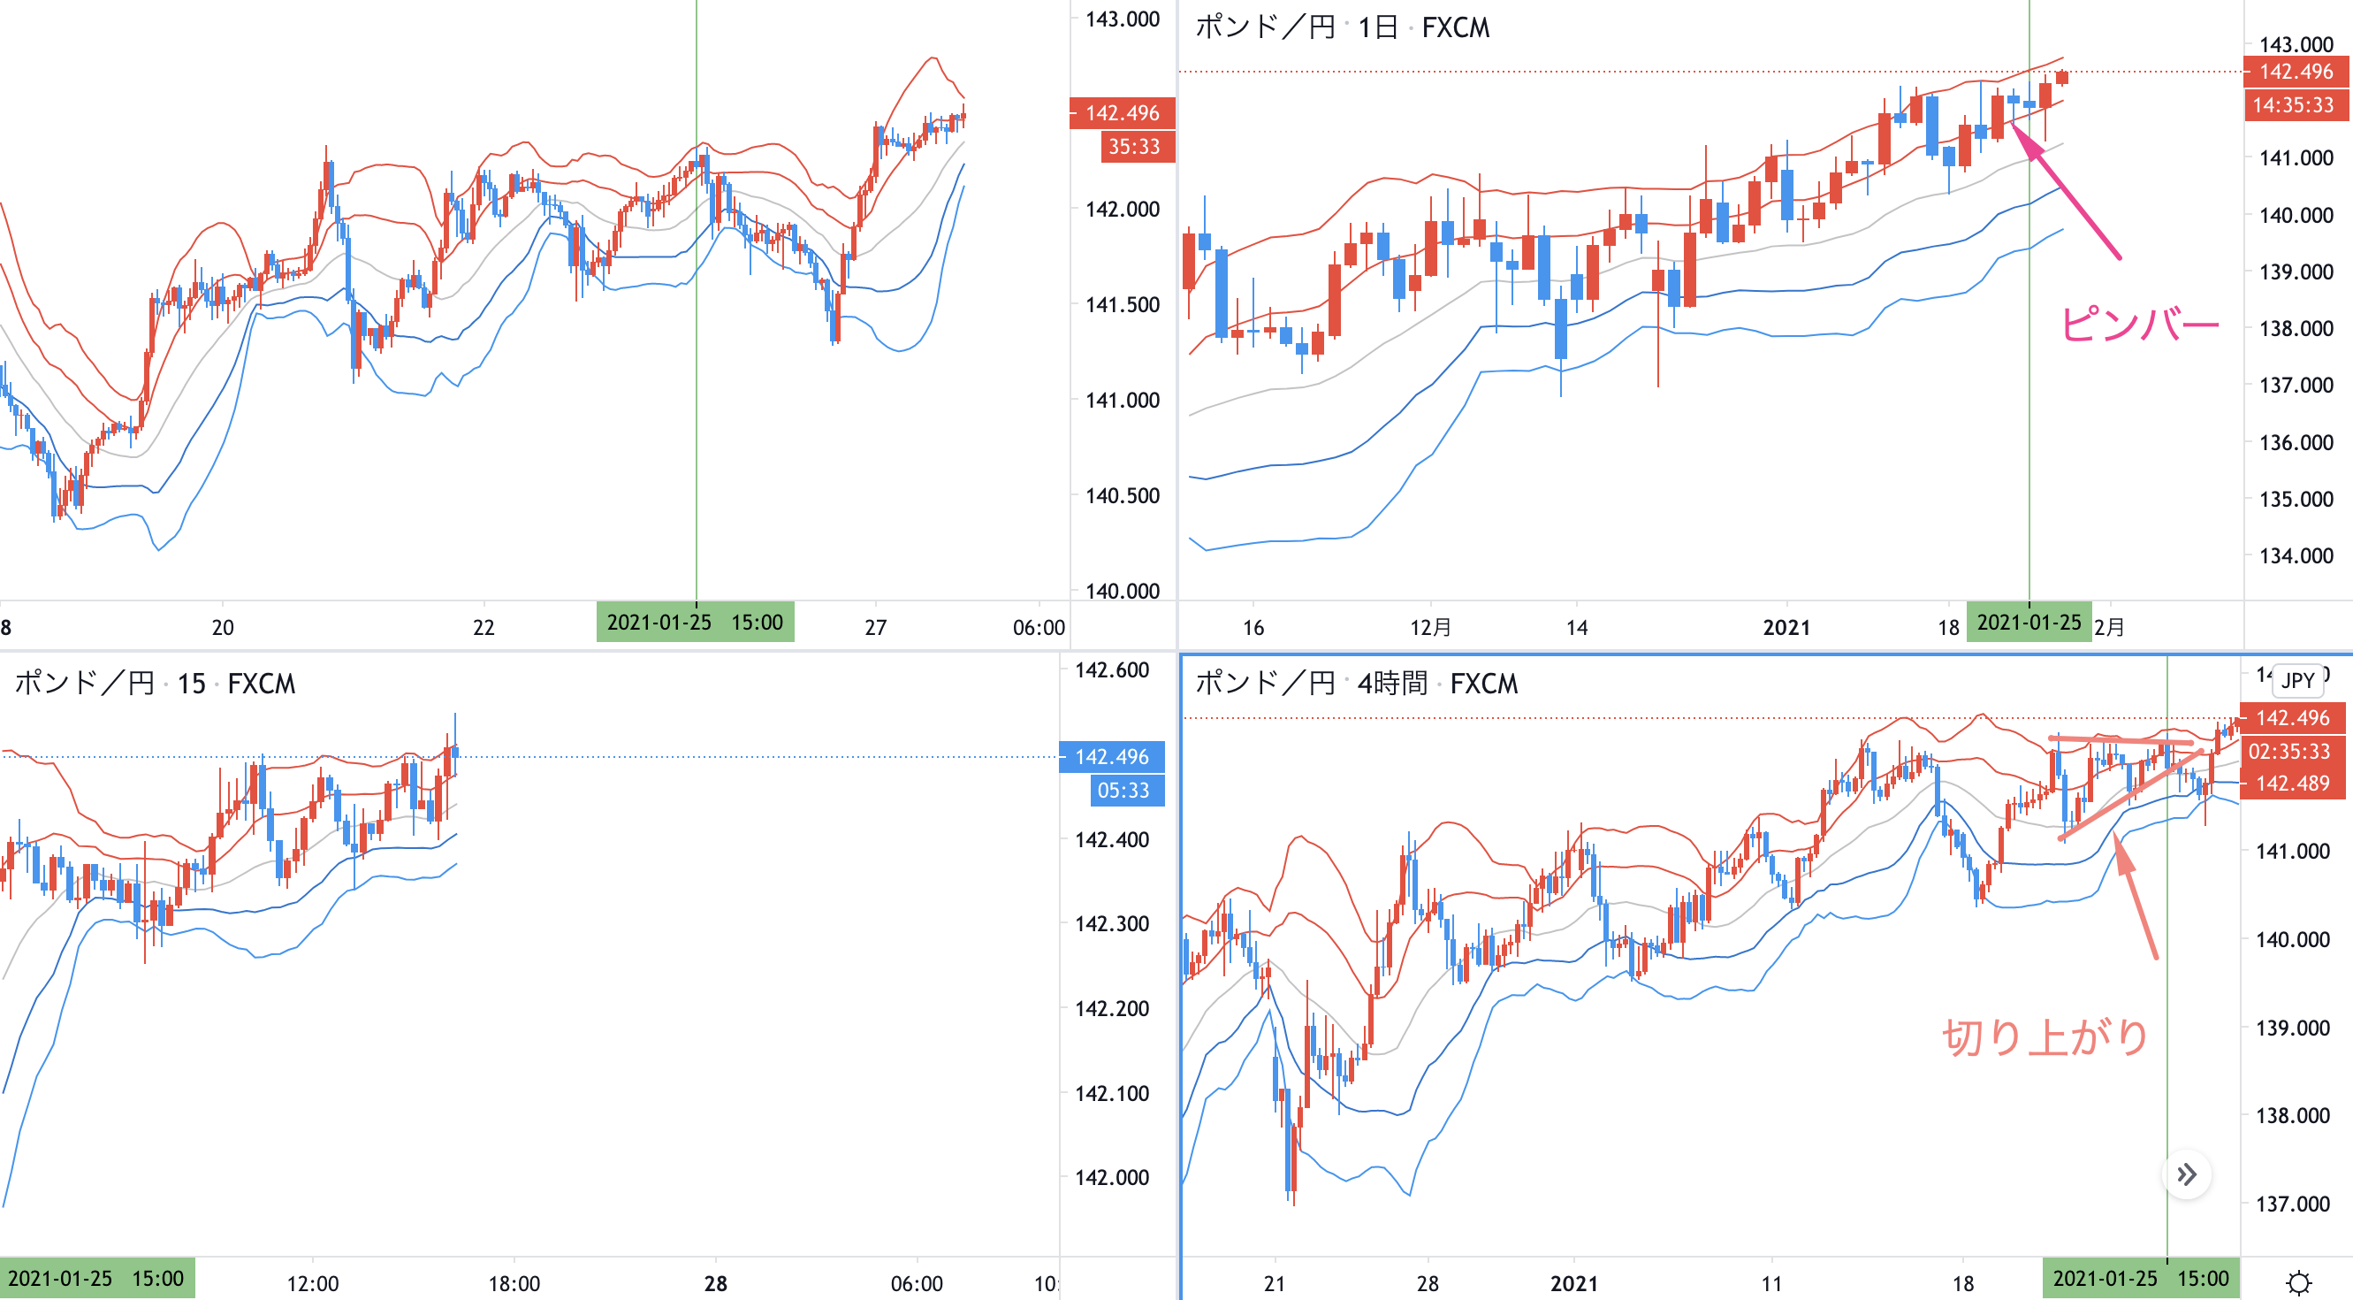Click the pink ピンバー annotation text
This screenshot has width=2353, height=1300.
[2138, 325]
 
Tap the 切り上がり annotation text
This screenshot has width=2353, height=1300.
[2045, 1038]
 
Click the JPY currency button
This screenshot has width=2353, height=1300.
[2297, 681]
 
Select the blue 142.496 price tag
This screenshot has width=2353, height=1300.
[1111, 756]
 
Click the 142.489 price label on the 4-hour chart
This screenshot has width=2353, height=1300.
[2292, 783]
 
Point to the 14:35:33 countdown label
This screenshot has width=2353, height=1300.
[2292, 105]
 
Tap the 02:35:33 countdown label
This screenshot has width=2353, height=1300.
[2290, 751]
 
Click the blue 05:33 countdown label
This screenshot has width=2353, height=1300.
[1125, 791]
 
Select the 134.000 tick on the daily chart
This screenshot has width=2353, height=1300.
[2296, 555]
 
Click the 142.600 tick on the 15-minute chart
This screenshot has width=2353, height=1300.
[1111, 669]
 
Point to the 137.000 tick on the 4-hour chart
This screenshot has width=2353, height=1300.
[2292, 1203]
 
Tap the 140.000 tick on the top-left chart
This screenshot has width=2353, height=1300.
[1122, 591]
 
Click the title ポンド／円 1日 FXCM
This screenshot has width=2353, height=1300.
[1342, 27]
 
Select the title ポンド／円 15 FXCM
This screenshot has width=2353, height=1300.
[155, 684]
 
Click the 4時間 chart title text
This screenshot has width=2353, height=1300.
[1391, 684]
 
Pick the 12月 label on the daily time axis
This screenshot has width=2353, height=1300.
[1430, 628]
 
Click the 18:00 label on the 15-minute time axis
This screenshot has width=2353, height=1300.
[514, 1283]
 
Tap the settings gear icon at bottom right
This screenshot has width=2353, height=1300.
[2298, 1282]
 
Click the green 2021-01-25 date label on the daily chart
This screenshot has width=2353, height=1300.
[2028, 623]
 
